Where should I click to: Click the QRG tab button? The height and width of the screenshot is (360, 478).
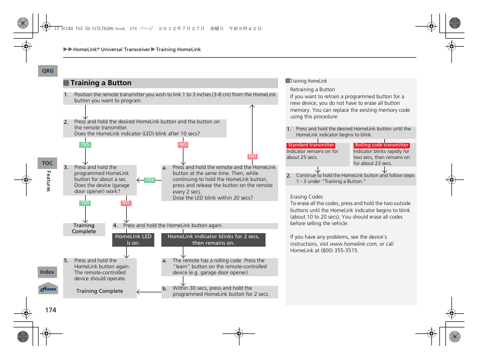[x=48, y=71]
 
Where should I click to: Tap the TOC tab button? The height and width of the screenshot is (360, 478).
[x=47, y=163]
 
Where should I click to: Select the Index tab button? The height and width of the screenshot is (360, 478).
[x=47, y=272]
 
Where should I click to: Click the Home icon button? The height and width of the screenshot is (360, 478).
[x=48, y=289]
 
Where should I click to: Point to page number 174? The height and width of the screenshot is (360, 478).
[x=51, y=310]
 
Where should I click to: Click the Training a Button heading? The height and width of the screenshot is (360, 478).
[x=101, y=83]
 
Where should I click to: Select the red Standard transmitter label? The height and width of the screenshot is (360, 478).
[x=311, y=145]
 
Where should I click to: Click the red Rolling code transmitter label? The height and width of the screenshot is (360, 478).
[x=382, y=145]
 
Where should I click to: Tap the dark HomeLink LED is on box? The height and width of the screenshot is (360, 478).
[x=133, y=240]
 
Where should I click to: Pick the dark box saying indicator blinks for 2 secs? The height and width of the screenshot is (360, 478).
[x=213, y=240]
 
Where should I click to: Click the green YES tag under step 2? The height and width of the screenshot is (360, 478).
[x=85, y=145]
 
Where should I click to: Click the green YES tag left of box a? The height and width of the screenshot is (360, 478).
[x=149, y=179]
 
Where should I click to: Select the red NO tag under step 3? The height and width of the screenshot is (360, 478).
[x=126, y=203]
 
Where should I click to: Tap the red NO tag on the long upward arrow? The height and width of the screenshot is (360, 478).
[x=253, y=156]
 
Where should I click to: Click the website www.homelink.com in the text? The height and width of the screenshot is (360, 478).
[x=353, y=244]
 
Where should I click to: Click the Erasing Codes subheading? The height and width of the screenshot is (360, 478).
[x=306, y=197]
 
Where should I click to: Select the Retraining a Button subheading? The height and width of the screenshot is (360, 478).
[x=312, y=90]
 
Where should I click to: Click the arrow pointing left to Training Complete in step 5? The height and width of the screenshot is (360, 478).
[x=149, y=291]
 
